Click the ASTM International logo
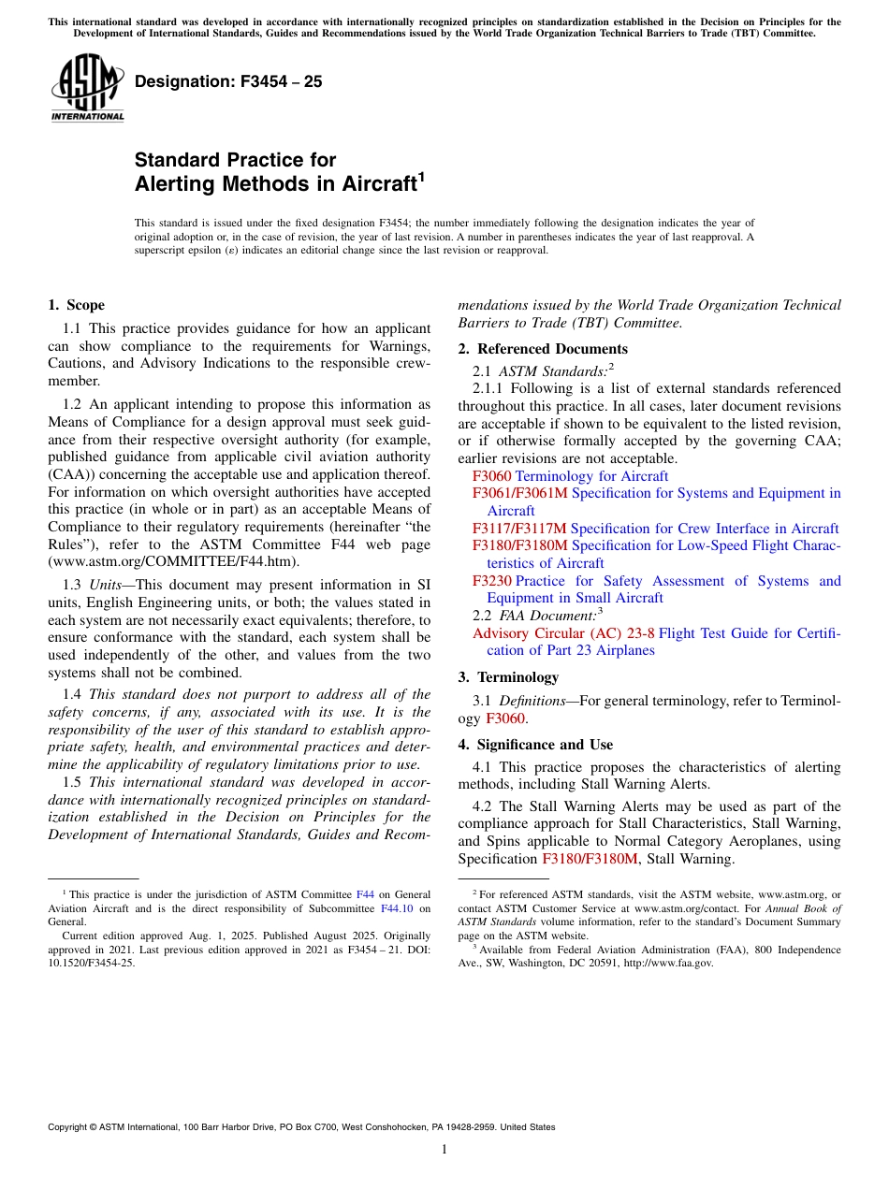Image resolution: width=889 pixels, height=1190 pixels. [x=87, y=86]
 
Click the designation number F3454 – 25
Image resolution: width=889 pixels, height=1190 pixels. [x=228, y=81]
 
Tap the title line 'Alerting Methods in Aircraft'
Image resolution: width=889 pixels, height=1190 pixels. [x=275, y=184]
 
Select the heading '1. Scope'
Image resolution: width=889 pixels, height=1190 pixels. [x=76, y=305]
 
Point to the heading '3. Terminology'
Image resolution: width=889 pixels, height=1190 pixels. [x=508, y=677]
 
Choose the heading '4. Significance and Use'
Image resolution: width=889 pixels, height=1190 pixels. [x=535, y=745]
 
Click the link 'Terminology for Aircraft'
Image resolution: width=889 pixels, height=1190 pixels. [x=591, y=476]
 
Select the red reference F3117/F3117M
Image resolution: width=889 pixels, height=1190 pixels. [x=519, y=529]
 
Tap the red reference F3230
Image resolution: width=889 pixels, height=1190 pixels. [x=492, y=581]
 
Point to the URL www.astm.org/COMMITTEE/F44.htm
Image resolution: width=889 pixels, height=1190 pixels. [x=173, y=561]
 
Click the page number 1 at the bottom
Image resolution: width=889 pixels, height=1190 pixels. [x=444, y=1150]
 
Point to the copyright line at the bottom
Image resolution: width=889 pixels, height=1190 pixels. [x=301, y=1127]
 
